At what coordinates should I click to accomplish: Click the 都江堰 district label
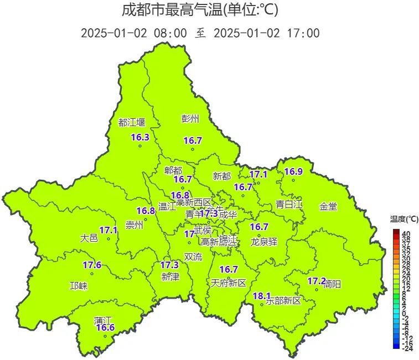coord(131,122)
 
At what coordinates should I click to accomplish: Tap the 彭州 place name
coord(190,118)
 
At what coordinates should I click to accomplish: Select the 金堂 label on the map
coord(328,206)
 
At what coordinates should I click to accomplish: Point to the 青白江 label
coord(289,204)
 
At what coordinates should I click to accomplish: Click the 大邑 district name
coord(89,238)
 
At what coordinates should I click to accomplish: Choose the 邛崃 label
coord(78,286)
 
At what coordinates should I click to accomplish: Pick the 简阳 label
coord(332,284)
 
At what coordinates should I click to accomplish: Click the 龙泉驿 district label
coord(263,242)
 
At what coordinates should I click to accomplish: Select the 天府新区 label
coord(228,283)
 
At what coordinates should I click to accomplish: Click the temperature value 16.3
coord(140,137)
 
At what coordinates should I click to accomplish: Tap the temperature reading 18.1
coord(261,296)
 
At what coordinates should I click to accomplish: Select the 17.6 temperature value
coord(92,265)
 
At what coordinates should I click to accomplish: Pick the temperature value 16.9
coord(293,171)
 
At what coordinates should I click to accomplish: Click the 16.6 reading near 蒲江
coord(105,328)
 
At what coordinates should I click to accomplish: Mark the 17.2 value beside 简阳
coord(317,281)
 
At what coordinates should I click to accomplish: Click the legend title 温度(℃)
coord(401,218)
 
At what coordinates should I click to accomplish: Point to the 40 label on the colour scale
coord(406,233)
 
